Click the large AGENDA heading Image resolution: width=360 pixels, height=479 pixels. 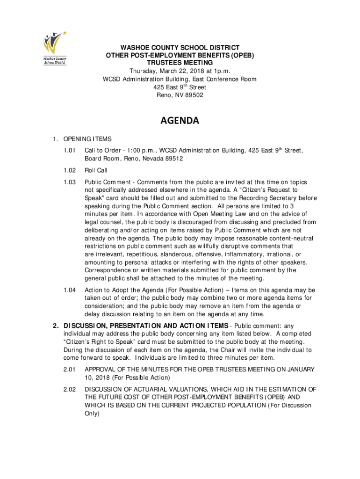(180, 121)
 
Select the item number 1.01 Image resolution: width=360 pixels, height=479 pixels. (70, 151)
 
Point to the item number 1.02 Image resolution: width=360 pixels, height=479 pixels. (70, 170)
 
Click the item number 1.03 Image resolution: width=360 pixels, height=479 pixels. (70, 182)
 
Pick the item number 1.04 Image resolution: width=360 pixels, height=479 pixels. (70, 290)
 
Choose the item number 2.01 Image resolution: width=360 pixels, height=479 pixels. (70, 370)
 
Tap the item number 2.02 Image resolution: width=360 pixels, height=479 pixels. (70, 389)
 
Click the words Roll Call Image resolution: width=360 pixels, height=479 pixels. (96, 170)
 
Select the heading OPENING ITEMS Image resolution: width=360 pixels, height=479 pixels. (87, 139)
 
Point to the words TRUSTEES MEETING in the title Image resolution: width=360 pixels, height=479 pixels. (180, 63)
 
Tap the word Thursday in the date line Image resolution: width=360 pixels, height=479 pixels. (143, 71)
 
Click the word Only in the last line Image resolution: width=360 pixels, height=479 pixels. (92, 414)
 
